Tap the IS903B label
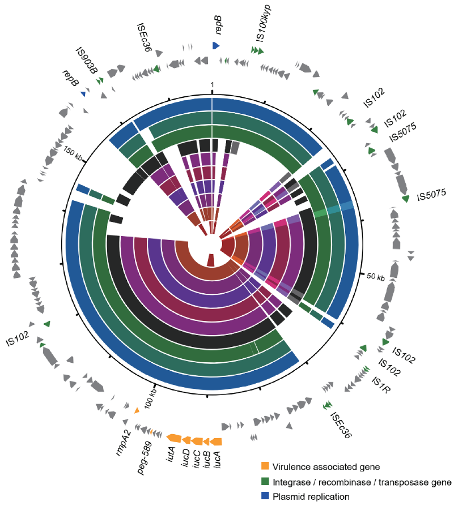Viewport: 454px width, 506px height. click(87, 61)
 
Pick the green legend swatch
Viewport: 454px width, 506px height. click(265, 482)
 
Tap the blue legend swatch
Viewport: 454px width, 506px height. click(265, 496)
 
